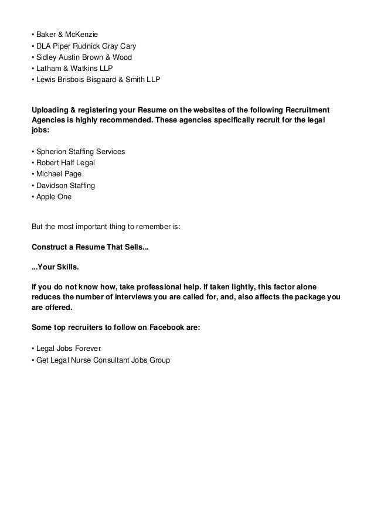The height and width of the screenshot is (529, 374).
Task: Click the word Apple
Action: (x=45, y=196)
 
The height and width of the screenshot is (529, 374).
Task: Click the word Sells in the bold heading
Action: (x=135, y=246)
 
